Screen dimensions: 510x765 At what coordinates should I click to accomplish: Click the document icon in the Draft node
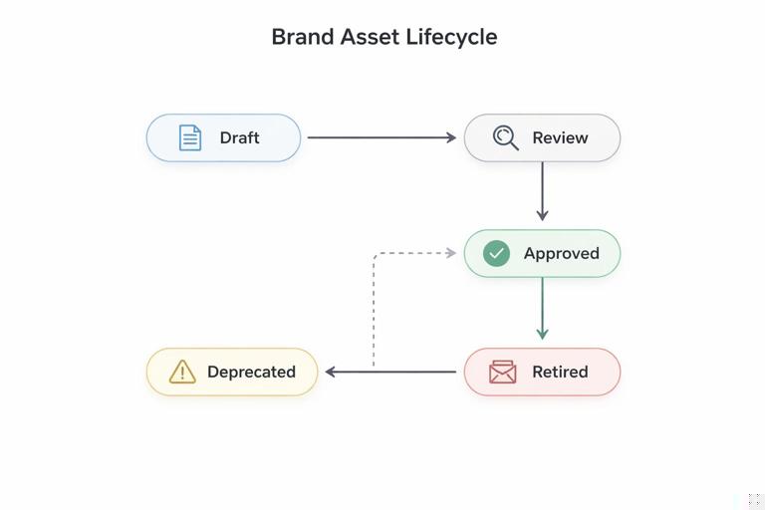(189, 137)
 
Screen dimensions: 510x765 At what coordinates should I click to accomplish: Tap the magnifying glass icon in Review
(505, 137)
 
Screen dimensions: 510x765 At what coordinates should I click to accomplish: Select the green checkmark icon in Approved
(496, 253)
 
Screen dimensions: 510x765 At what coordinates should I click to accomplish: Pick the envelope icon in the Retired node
(503, 372)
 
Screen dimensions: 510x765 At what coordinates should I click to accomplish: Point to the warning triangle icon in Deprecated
(182, 372)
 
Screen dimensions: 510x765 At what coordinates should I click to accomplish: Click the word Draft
(239, 137)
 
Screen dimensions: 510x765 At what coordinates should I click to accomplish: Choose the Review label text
(560, 137)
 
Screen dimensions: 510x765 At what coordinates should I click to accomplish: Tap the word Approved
(561, 253)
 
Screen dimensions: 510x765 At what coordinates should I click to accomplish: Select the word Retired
(560, 372)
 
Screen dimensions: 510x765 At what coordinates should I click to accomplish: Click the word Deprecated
(251, 372)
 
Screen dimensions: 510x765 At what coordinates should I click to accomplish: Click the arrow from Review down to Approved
(542, 189)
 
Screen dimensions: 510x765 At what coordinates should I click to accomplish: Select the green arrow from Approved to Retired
(542, 307)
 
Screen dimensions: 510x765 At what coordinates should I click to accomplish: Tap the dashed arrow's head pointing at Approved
(451, 253)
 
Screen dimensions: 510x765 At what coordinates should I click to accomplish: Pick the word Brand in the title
(302, 37)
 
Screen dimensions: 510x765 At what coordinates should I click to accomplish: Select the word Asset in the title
(369, 37)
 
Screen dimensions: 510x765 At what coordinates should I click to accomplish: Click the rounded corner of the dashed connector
(377, 256)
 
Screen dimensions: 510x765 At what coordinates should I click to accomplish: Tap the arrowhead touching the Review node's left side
(451, 137)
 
